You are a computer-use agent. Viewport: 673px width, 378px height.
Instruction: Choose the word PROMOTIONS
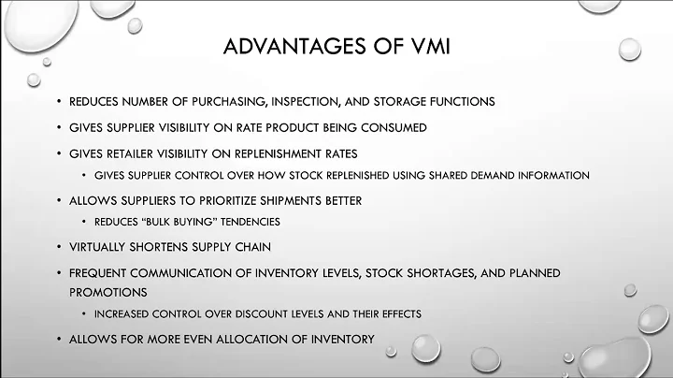pos(106,290)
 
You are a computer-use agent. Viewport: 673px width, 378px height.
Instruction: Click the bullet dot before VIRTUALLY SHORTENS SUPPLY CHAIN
pos(59,247)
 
